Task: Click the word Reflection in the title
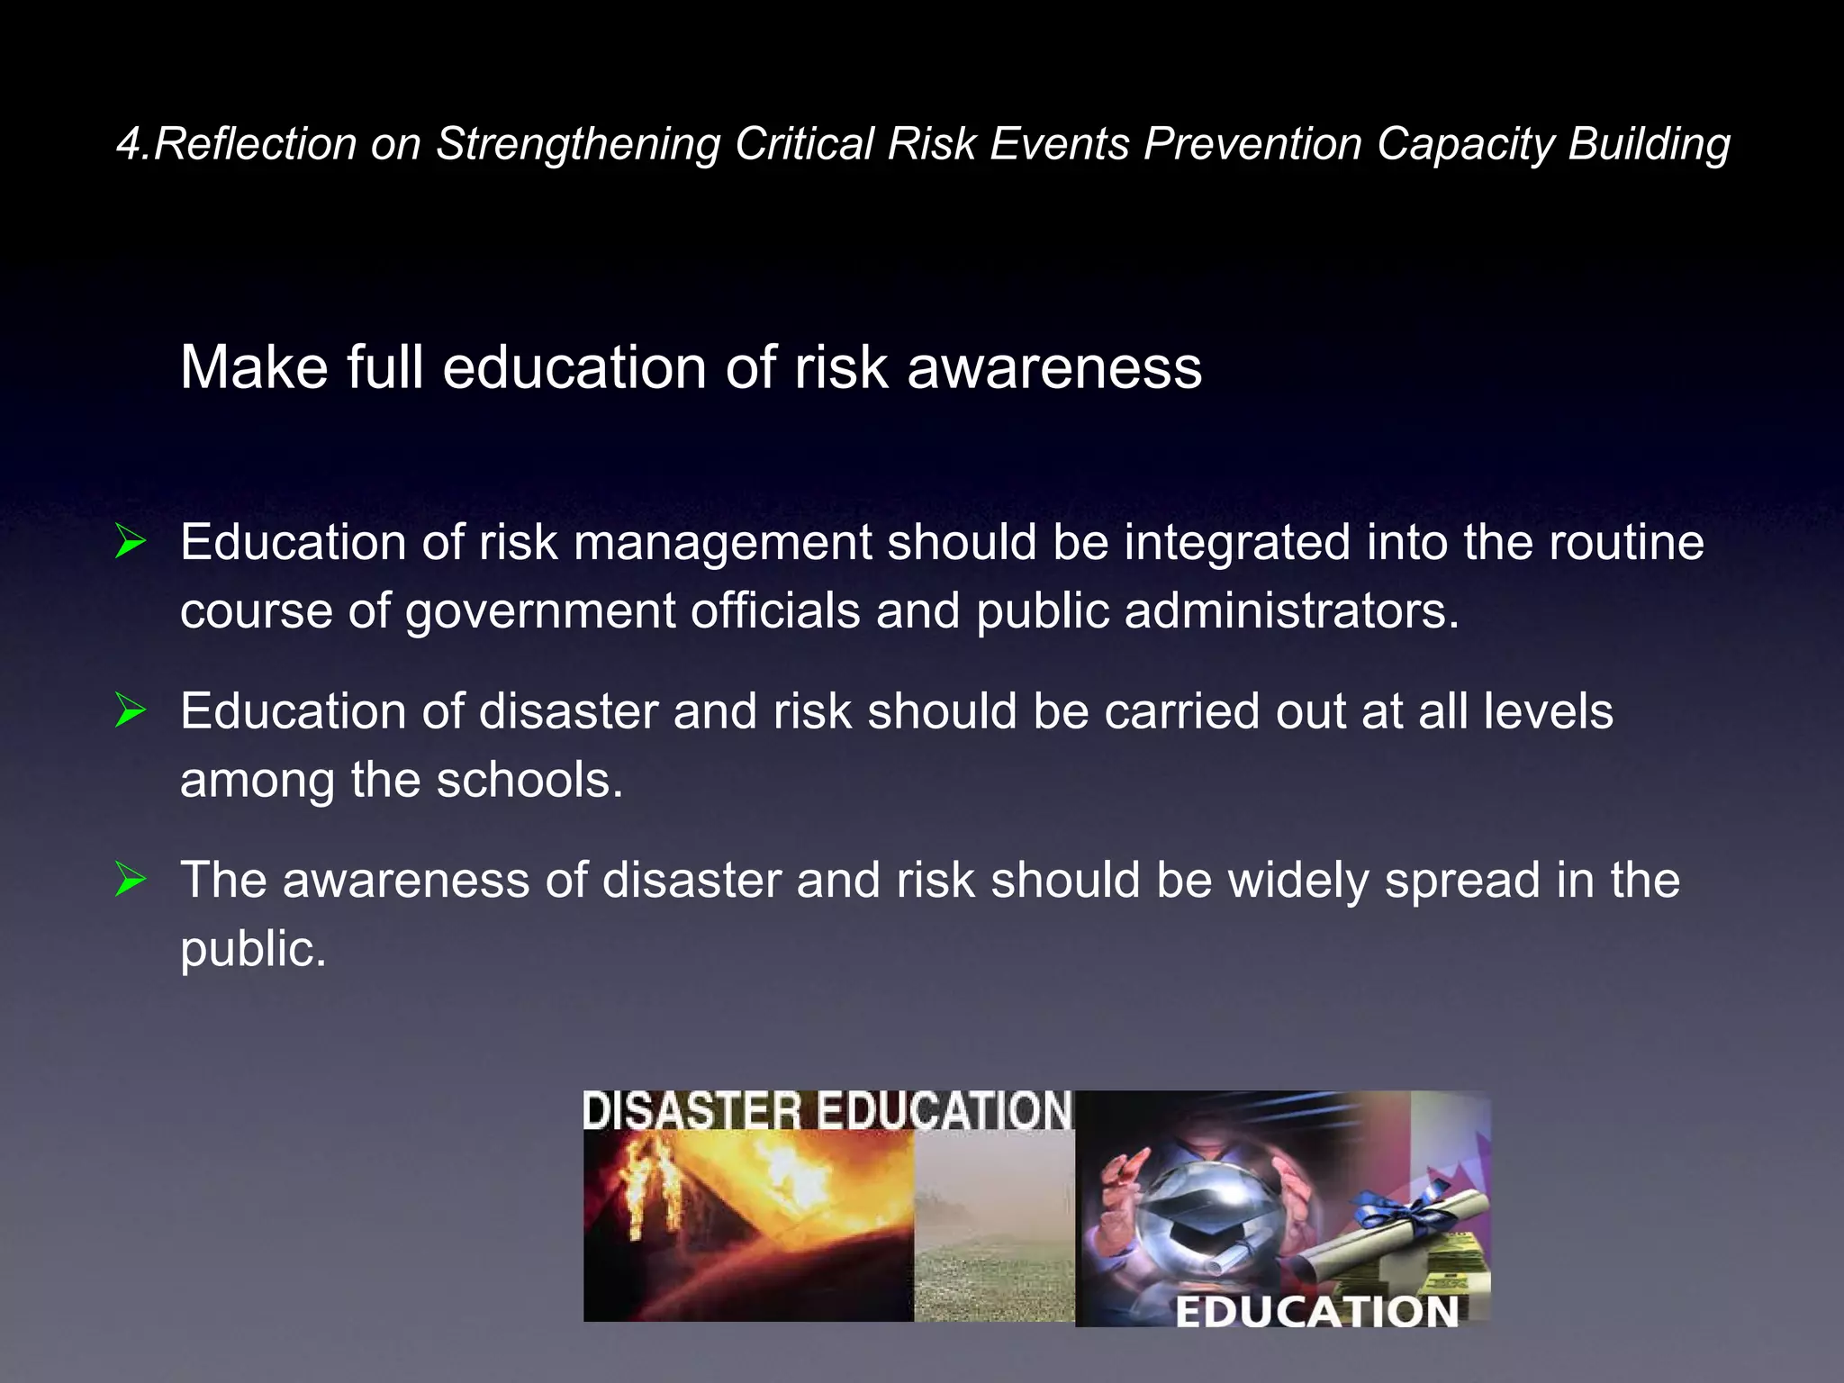click(x=255, y=144)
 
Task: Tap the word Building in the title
click(x=1649, y=144)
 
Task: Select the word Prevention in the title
click(x=1252, y=144)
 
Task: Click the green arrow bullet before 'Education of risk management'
click(x=131, y=542)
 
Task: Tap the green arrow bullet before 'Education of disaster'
click(x=131, y=711)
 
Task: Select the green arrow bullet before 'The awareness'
click(x=131, y=880)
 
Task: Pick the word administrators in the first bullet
click(x=1290, y=611)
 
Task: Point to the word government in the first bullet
click(x=539, y=611)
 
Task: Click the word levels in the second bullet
click(x=1548, y=711)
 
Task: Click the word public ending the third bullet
click(x=252, y=949)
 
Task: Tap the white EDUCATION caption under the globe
click(x=1316, y=1312)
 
